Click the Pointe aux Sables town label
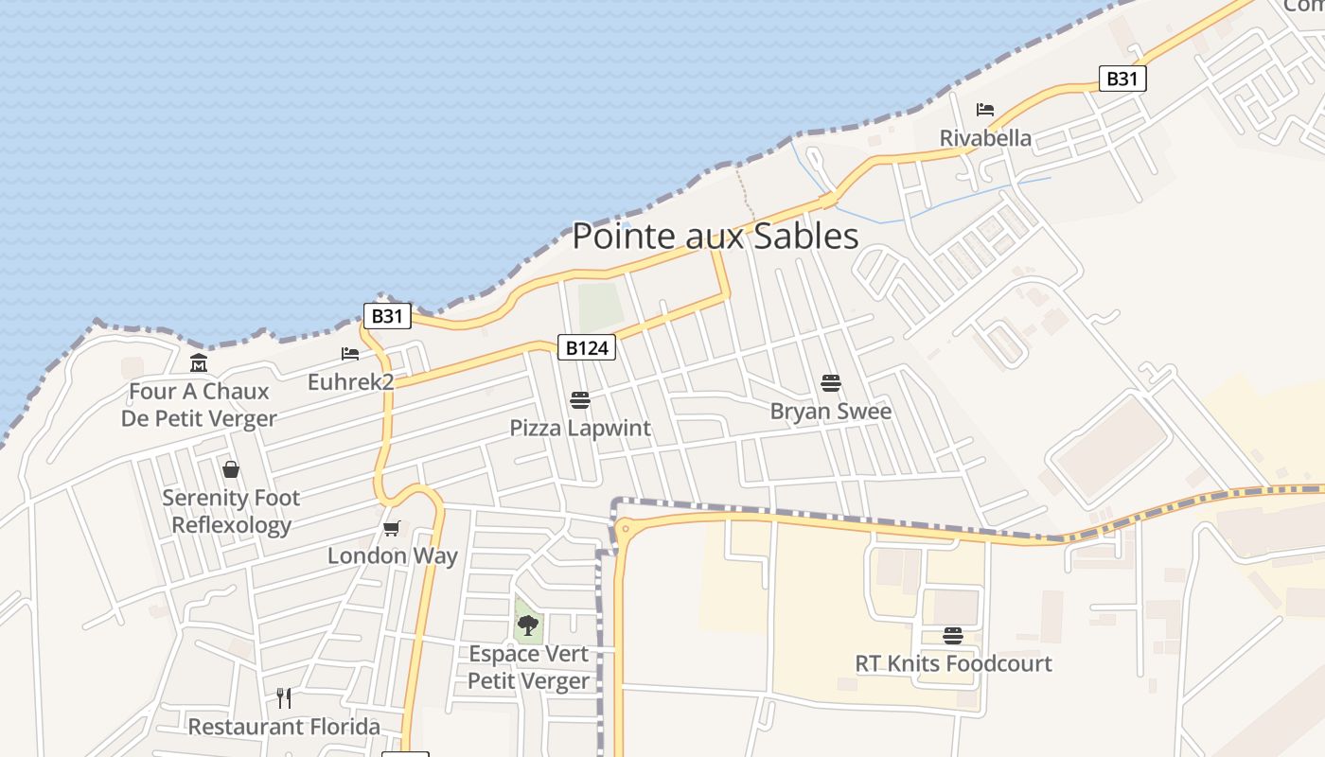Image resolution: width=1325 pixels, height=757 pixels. click(715, 236)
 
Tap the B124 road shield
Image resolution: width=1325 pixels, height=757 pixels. click(586, 347)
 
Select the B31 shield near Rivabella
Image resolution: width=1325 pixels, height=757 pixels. click(1122, 79)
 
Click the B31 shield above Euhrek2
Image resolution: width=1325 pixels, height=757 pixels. click(387, 315)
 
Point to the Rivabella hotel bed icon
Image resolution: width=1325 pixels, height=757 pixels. click(985, 110)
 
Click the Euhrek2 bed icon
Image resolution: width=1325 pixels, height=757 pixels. click(350, 354)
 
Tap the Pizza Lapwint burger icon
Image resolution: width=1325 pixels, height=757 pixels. click(580, 400)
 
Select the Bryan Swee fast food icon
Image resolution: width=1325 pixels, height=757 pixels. click(831, 383)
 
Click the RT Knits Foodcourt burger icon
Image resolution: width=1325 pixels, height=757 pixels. click(953, 635)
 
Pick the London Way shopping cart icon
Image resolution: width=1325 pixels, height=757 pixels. click(391, 528)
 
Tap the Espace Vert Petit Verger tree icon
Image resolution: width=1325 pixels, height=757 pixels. click(528, 625)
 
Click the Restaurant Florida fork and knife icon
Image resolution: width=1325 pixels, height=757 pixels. click(284, 698)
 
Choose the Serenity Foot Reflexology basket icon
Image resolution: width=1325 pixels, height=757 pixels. click(230, 469)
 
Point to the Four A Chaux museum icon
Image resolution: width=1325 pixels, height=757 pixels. click(199, 362)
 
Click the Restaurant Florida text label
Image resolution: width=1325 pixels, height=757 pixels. click(284, 727)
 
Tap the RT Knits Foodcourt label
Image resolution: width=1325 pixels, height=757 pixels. click(953, 663)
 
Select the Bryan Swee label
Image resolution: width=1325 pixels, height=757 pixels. click(831, 412)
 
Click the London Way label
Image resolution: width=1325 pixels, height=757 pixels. click(392, 555)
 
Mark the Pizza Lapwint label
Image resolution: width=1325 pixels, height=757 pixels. click(580, 428)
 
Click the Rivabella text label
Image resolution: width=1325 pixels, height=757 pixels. click(985, 138)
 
